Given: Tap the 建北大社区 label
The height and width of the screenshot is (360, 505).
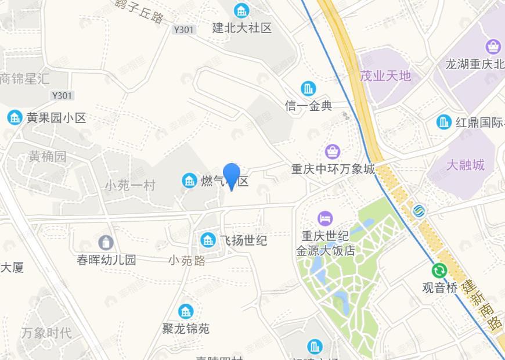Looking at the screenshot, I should [241, 28].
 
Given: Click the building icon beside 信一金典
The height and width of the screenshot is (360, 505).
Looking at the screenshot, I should [308, 89].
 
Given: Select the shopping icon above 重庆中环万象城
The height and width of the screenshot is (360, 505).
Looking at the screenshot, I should [333, 152].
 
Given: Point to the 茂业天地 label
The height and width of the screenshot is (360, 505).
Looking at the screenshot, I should [385, 76].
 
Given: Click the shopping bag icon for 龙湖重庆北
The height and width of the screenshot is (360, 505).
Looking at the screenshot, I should [493, 46].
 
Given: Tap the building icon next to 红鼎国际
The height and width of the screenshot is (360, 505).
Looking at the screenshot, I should [444, 122].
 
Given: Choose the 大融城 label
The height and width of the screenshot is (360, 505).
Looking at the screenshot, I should [465, 165].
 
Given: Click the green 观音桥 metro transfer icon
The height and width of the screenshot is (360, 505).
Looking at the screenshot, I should [439, 271].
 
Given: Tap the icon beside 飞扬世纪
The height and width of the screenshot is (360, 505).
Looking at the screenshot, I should [207, 239].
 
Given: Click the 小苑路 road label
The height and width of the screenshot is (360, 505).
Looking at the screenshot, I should [187, 261].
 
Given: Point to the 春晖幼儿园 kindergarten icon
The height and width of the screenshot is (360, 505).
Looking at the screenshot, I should [106, 242].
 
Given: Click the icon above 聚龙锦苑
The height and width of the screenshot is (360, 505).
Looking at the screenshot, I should [186, 312].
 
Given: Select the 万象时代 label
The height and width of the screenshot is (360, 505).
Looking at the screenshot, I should [46, 333].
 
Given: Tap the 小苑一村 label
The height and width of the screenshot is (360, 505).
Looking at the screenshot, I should [130, 186].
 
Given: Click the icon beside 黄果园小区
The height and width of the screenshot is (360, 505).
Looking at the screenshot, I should [15, 118].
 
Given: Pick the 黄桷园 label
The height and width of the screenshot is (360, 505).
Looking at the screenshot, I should [48, 156].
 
